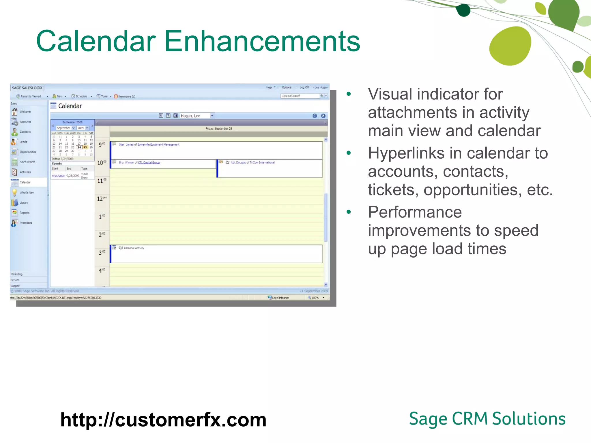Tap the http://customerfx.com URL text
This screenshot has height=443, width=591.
pos(163,420)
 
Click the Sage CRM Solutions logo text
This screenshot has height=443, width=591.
pos(487,419)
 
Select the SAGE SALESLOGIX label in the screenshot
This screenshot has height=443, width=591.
pos(27,88)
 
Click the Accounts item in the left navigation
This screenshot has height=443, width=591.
pos(25,122)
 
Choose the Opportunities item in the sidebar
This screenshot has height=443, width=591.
pos(28,152)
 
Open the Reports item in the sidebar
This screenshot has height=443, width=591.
pos(25,213)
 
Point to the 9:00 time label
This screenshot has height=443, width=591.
pos(102,144)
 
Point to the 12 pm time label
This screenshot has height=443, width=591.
pos(101,199)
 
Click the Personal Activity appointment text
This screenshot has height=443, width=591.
pos(134,248)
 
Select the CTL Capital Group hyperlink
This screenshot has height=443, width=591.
pos(149,163)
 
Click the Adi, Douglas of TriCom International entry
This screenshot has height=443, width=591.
pos(253,163)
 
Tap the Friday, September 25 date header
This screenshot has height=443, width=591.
pos(218,129)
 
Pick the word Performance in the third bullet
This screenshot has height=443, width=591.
pos(415,212)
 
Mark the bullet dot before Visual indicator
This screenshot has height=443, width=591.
pos(349,94)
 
